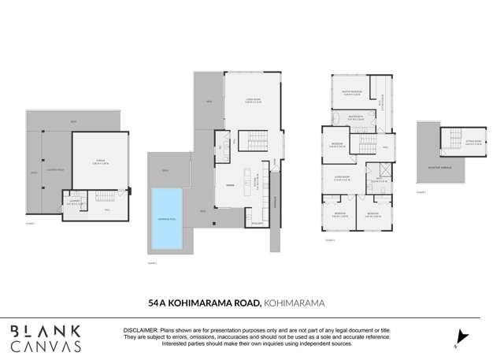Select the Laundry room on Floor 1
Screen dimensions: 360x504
coord(74,202)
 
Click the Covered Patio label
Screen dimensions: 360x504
coord(55,169)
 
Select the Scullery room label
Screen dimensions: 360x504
coord(257,223)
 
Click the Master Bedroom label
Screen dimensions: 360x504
coord(353,91)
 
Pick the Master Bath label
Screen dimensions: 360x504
coord(355,117)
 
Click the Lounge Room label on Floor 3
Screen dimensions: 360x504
coord(342,179)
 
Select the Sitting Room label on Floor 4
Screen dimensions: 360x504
coord(473,143)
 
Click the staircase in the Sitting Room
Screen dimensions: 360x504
coord(455,139)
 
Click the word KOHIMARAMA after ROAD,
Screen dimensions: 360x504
coord(295,302)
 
